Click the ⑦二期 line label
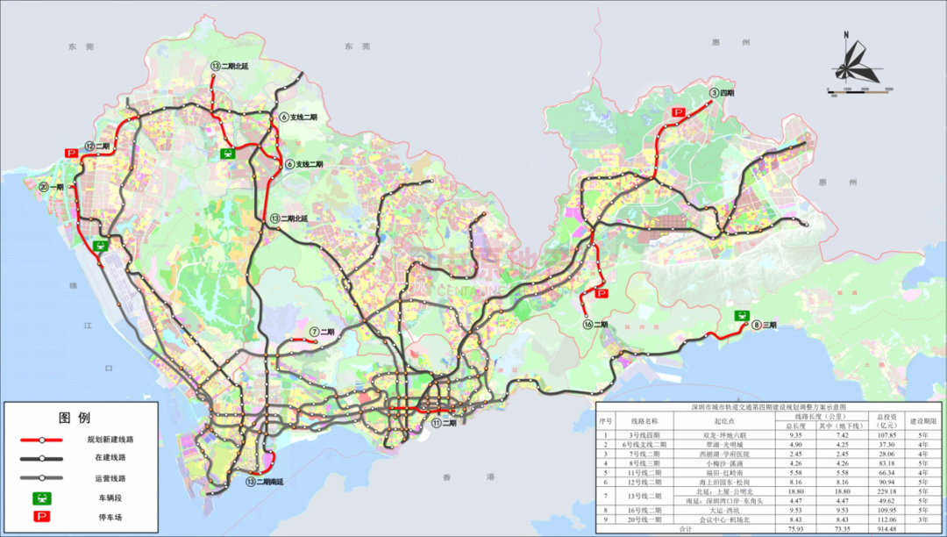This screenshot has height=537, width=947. coord(322,332)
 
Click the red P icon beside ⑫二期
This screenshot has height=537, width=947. coord(71,153)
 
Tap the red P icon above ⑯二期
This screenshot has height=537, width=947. coord(602,295)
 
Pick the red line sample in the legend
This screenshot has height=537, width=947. coord(41,439)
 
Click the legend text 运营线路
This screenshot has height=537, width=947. coord(106,478)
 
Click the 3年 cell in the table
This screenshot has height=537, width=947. coord(922,518)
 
